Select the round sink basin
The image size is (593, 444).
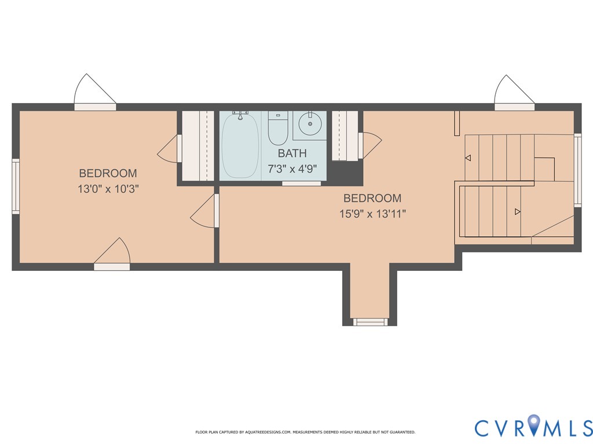pyautogui.click(x=310, y=123)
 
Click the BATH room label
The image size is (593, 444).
pyautogui.click(x=292, y=153)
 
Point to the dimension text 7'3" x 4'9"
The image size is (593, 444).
pyautogui.click(x=292, y=170)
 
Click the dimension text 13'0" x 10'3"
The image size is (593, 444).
pyautogui.click(x=108, y=189)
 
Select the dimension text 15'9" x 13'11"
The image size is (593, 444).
pyautogui.click(x=372, y=214)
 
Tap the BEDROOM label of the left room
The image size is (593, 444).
pyautogui.click(x=108, y=173)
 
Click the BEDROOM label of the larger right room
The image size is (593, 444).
pyautogui.click(x=372, y=198)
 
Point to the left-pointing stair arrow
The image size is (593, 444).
pyautogui.click(x=468, y=158)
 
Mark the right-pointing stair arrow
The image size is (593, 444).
pyautogui.click(x=518, y=212)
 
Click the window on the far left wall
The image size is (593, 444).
pyautogui.click(x=16, y=186)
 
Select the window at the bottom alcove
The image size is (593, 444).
pyautogui.click(x=371, y=321)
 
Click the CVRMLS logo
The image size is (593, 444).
pyautogui.click(x=533, y=427)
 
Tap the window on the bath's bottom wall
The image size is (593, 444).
pyautogui.click(x=301, y=184)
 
